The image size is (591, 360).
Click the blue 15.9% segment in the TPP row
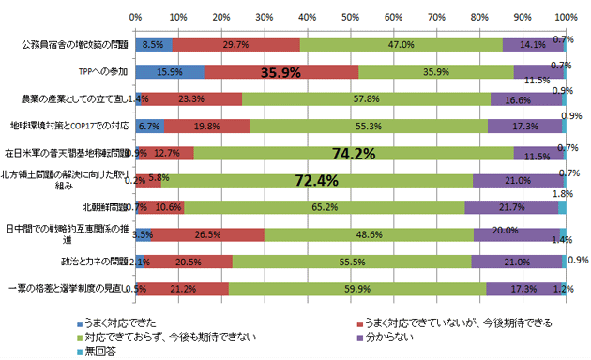point(169,71)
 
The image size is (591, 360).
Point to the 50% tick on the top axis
point(350,17)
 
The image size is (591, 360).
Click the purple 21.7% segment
point(511,207)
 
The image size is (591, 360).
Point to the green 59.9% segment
point(356,289)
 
